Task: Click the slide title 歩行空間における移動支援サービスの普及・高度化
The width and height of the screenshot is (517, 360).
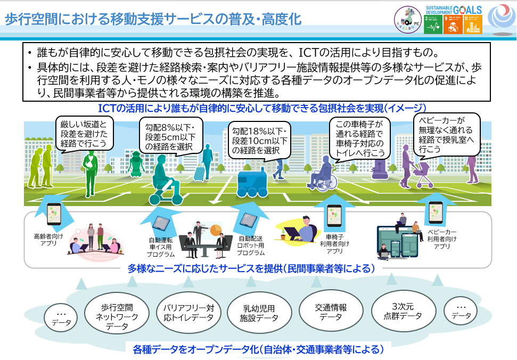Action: [x=153, y=20]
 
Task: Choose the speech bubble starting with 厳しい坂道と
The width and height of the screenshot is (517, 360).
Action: [x=85, y=133]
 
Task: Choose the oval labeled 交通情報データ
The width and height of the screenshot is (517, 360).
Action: [x=331, y=312]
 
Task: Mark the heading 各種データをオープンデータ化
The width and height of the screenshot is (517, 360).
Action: [x=258, y=350]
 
